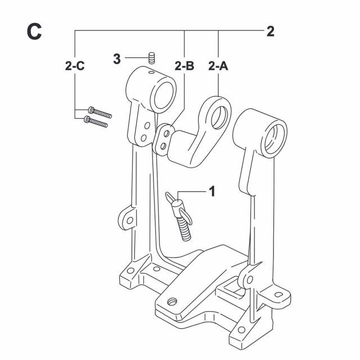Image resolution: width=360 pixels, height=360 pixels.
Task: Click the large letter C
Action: point(34,31)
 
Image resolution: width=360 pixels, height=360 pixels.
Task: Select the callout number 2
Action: point(270,31)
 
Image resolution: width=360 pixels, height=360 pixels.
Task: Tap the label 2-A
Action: point(218,66)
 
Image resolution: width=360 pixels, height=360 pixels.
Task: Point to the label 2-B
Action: point(184,66)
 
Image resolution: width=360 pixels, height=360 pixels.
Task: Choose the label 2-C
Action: point(75,66)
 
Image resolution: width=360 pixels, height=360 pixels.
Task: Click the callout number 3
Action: point(117,58)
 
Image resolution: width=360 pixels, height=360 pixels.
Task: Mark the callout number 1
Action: point(212,191)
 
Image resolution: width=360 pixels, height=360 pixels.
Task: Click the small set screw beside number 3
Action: point(151,58)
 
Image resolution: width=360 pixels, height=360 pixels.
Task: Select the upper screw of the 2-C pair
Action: point(100,112)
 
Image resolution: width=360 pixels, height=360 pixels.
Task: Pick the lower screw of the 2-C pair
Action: point(96,121)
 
